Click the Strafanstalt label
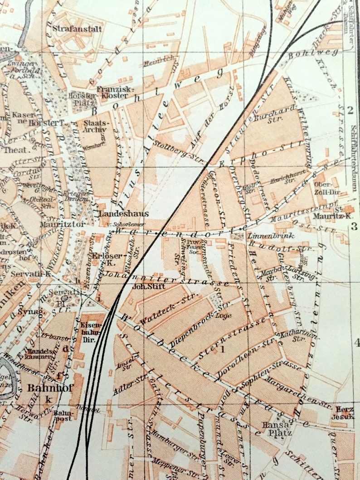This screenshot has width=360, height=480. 78,28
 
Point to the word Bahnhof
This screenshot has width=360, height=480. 44,388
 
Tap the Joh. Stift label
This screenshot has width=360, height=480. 141,286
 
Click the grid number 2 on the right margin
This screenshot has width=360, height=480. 350,109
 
